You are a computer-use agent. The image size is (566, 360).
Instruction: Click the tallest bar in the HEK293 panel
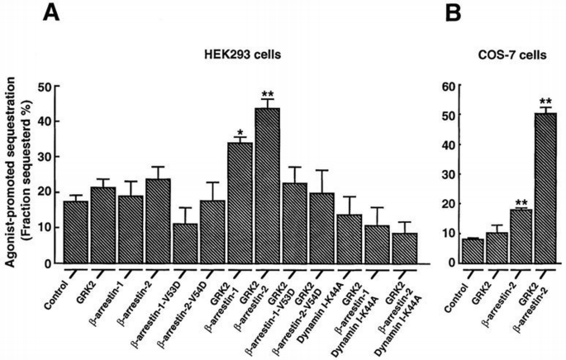pos(267,186)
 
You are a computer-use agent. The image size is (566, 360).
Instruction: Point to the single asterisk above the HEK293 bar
pos(239,132)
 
